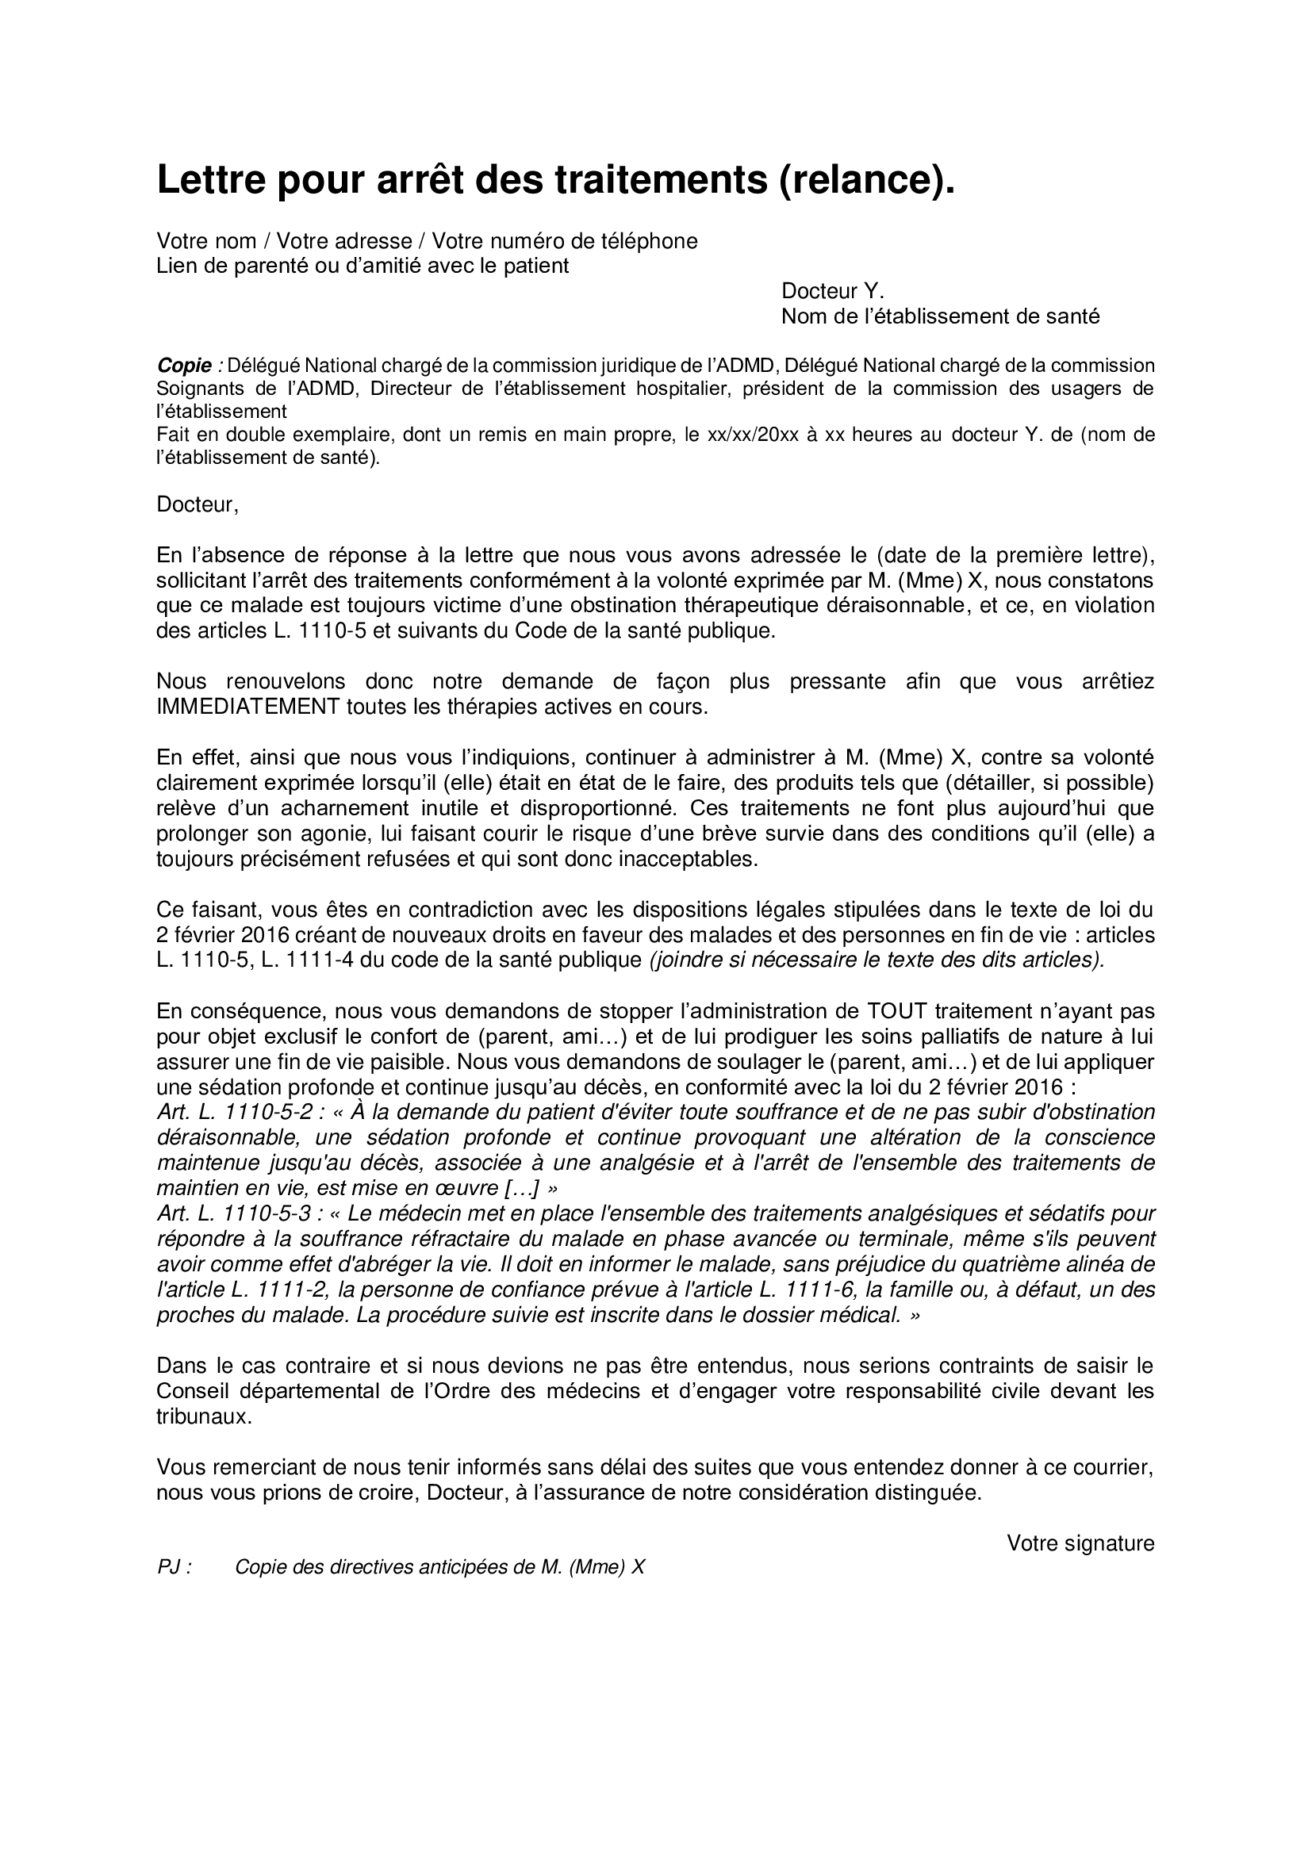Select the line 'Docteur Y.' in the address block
tap(832, 291)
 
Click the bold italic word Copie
tap(183, 365)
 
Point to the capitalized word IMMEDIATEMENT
tap(248, 706)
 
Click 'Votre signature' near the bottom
tap(1080, 1543)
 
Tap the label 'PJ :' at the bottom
tap(174, 1567)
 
